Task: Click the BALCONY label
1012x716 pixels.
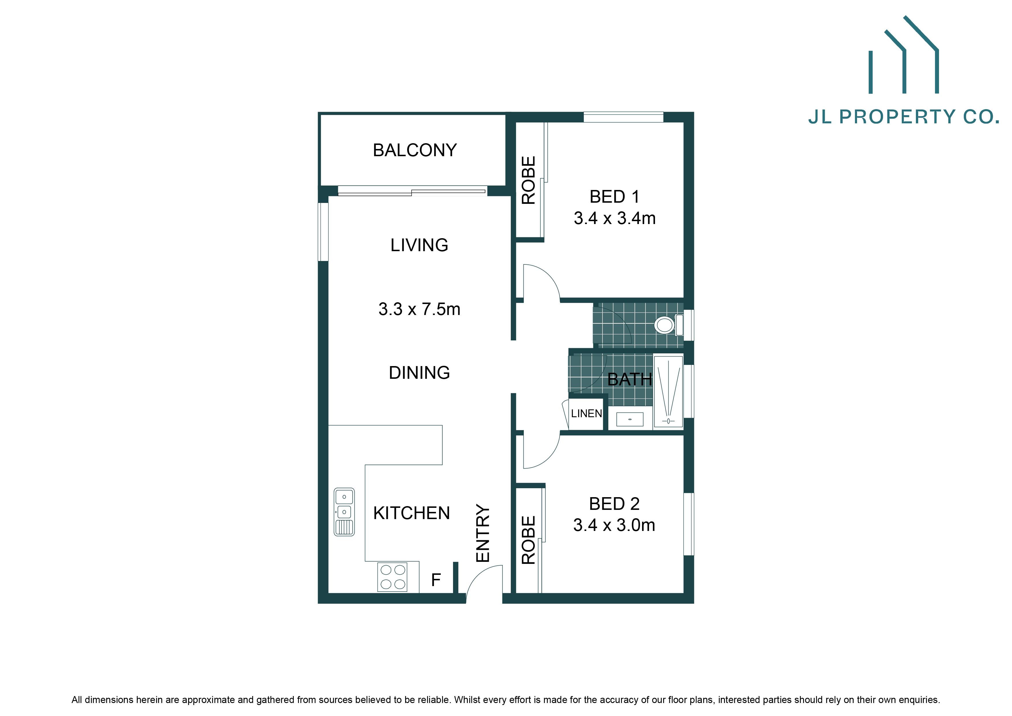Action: pyautogui.click(x=414, y=150)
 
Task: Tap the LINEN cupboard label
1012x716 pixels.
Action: pyautogui.click(x=586, y=413)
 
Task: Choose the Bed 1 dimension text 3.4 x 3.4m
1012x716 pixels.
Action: pyautogui.click(x=614, y=219)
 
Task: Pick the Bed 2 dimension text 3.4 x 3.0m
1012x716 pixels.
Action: pyautogui.click(x=614, y=525)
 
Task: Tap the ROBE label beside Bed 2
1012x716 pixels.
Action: pyautogui.click(x=528, y=540)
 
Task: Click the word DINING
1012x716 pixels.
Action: pyautogui.click(x=419, y=373)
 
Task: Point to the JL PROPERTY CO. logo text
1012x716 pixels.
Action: pyautogui.click(x=903, y=117)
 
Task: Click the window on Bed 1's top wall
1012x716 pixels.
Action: pyautogui.click(x=623, y=117)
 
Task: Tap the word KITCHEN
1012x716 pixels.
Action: pyautogui.click(x=411, y=513)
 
